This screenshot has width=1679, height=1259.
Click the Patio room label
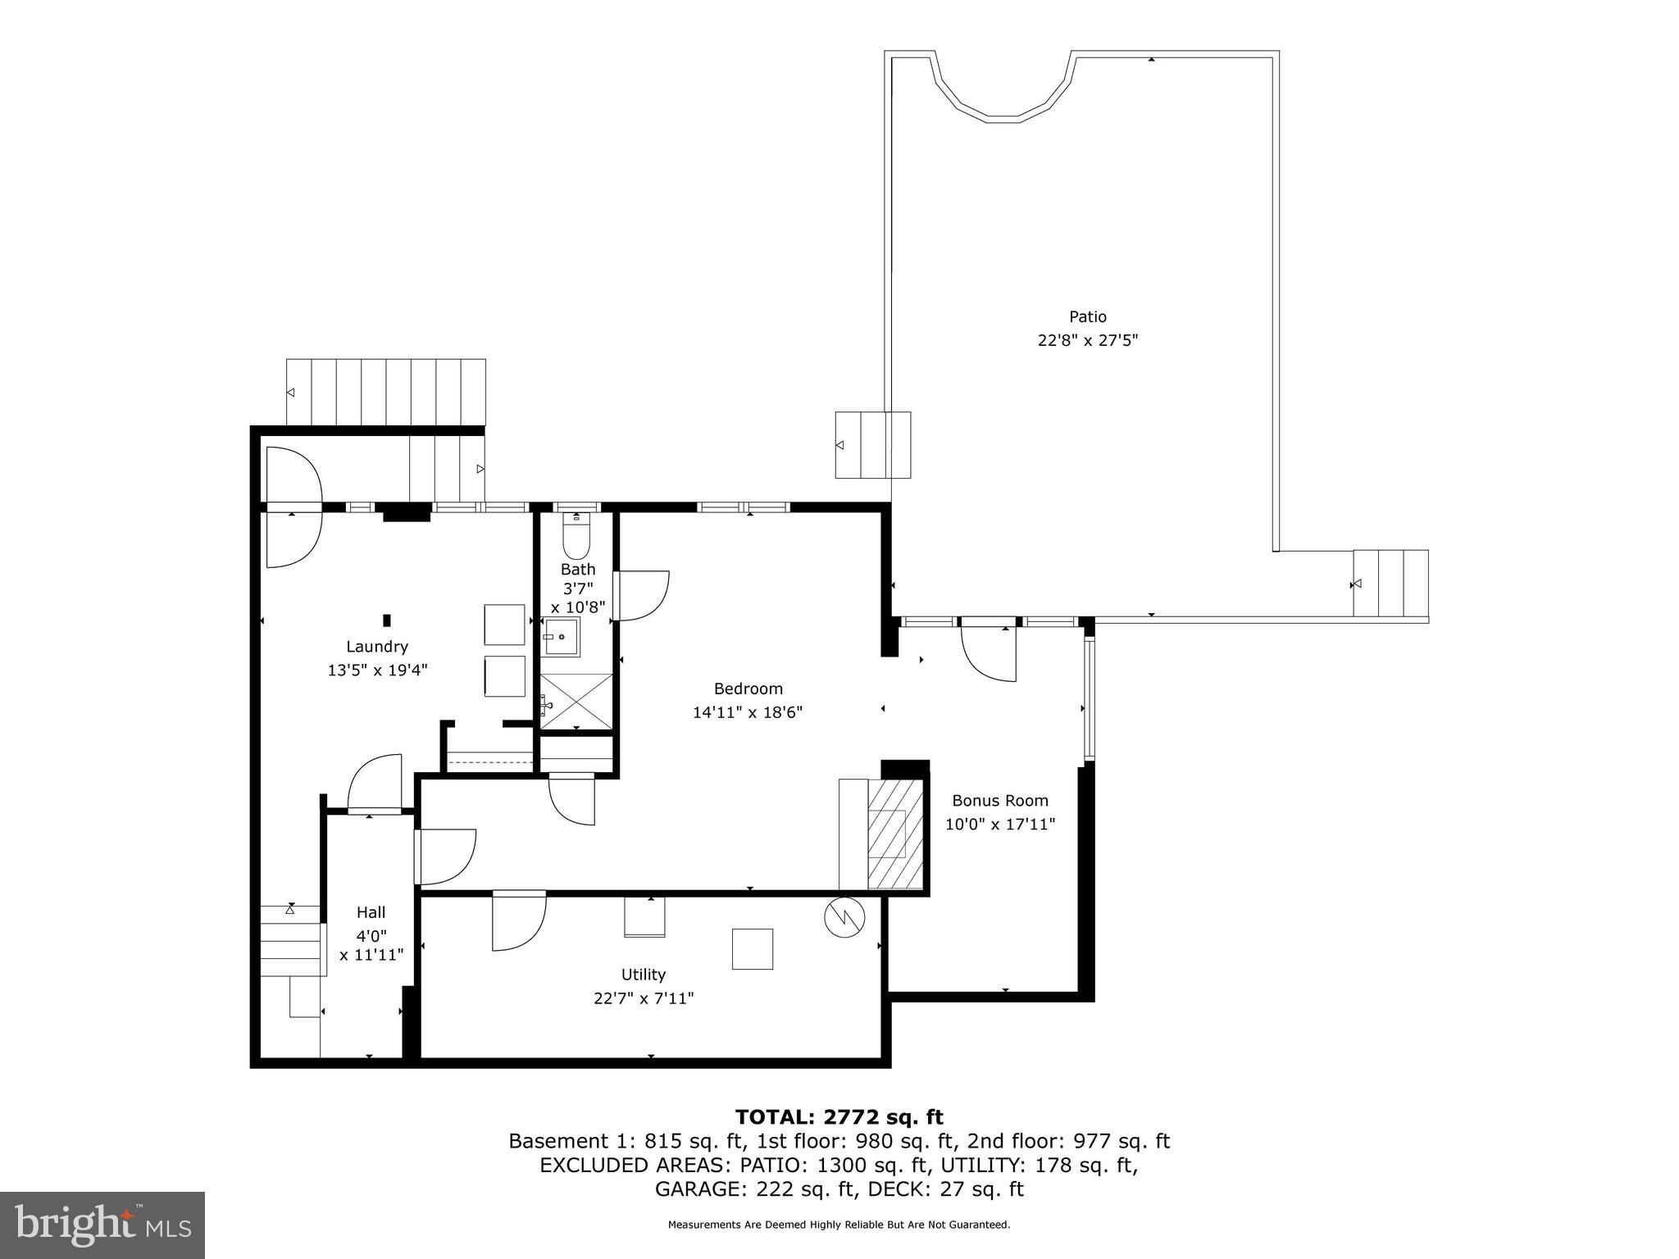click(x=1087, y=316)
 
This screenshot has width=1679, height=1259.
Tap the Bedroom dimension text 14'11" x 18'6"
click(x=747, y=712)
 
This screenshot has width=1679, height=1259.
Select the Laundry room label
click(x=376, y=647)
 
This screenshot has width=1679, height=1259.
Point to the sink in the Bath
click(x=562, y=637)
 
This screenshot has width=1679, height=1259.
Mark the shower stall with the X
click(x=576, y=701)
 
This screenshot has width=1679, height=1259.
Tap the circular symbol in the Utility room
click(x=844, y=917)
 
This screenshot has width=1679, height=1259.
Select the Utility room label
click(x=643, y=975)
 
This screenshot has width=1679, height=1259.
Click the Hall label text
click(x=371, y=912)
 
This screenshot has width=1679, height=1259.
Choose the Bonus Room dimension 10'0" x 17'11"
click(x=999, y=825)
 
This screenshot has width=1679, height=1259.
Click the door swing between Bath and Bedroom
click(x=642, y=596)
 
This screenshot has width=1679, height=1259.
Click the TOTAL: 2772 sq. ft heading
click(x=839, y=1117)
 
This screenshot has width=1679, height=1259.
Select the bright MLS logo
click(x=102, y=1225)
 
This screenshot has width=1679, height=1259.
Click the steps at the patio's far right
click(x=1390, y=584)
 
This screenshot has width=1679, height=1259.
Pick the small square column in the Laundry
click(x=387, y=620)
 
